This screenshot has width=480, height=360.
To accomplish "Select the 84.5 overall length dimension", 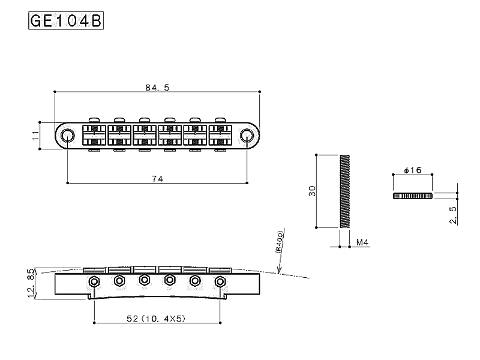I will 157,87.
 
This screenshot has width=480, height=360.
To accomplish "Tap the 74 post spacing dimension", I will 158,178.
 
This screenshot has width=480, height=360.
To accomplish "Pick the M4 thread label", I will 362,242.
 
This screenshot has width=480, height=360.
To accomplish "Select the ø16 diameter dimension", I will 413,170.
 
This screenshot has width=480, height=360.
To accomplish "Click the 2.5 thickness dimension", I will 453,214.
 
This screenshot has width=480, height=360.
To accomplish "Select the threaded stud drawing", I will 344,191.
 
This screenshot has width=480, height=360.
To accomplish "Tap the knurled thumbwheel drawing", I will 413,196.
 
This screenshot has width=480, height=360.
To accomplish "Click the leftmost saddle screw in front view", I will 94,281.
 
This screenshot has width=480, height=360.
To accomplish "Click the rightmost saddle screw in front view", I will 220,281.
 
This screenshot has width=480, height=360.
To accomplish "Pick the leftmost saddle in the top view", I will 94,135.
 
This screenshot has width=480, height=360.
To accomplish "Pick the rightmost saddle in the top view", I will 220,135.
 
